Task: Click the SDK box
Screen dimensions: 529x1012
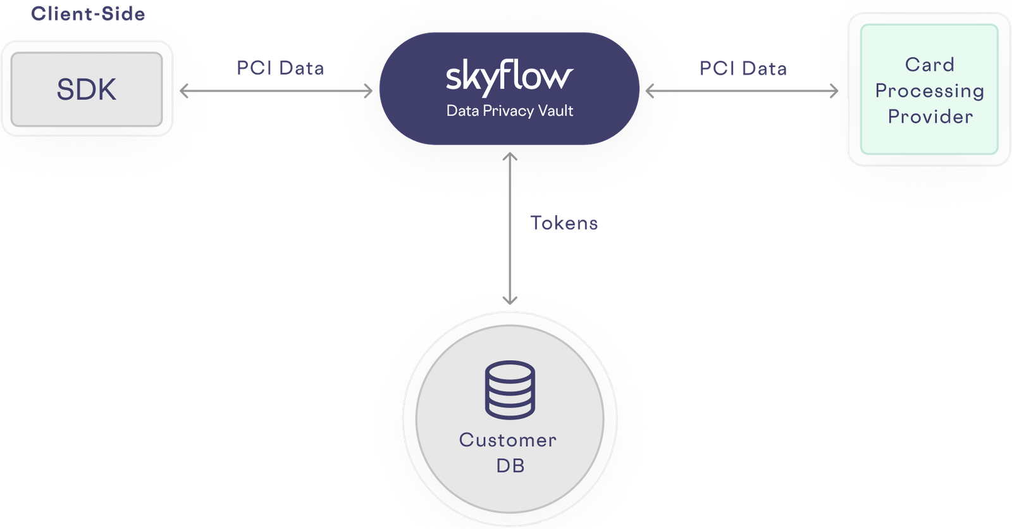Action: click(x=87, y=89)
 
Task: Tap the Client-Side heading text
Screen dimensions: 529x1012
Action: click(x=87, y=13)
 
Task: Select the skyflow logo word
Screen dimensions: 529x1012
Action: click(x=509, y=77)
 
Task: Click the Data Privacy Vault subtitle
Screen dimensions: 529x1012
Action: click(x=509, y=111)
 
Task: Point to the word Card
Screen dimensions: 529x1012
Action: click(x=929, y=65)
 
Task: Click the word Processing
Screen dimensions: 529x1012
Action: click(x=929, y=91)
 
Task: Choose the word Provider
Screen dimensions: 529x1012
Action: click(x=930, y=116)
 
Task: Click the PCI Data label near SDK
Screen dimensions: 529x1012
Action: click(x=280, y=68)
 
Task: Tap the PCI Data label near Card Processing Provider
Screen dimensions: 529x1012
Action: click(x=743, y=68)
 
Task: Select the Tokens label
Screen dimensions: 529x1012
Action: click(x=564, y=223)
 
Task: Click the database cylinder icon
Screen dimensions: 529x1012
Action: click(x=510, y=390)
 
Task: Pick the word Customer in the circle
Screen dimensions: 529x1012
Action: click(x=508, y=440)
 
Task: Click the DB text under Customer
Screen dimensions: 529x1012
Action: click(x=510, y=466)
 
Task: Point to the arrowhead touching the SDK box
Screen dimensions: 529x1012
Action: click(x=184, y=92)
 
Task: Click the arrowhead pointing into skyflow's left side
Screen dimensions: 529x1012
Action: click(x=367, y=92)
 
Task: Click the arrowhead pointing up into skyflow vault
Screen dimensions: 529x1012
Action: click(x=510, y=157)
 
